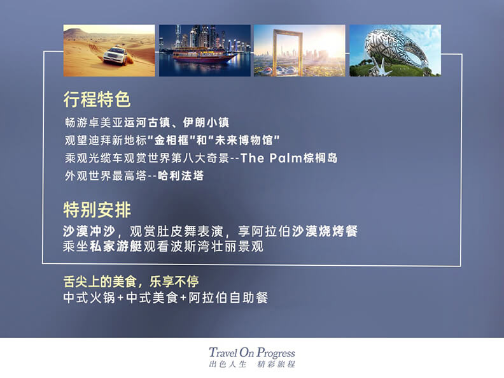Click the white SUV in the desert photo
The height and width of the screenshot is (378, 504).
click(115, 55)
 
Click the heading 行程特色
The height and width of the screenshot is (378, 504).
click(97, 99)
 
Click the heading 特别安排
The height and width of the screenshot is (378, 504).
click(97, 210)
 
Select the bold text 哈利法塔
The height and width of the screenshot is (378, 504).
click(181, 175)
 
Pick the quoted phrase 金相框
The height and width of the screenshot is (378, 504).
click(172, 140)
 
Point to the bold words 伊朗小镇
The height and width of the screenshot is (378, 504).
click(206, 122)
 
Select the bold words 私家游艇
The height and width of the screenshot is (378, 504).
click(116, 246)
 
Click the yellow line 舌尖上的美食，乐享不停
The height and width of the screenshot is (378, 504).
click(131, 282)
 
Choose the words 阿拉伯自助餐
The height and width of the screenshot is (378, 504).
click(228, 298)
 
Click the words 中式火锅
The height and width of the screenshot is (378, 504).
click(89, 298)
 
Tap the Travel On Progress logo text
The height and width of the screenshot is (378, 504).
click(251, 353)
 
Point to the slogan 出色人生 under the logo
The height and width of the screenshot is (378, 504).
click(228, 365)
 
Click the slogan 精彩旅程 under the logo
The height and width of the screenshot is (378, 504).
click(276, 365)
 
